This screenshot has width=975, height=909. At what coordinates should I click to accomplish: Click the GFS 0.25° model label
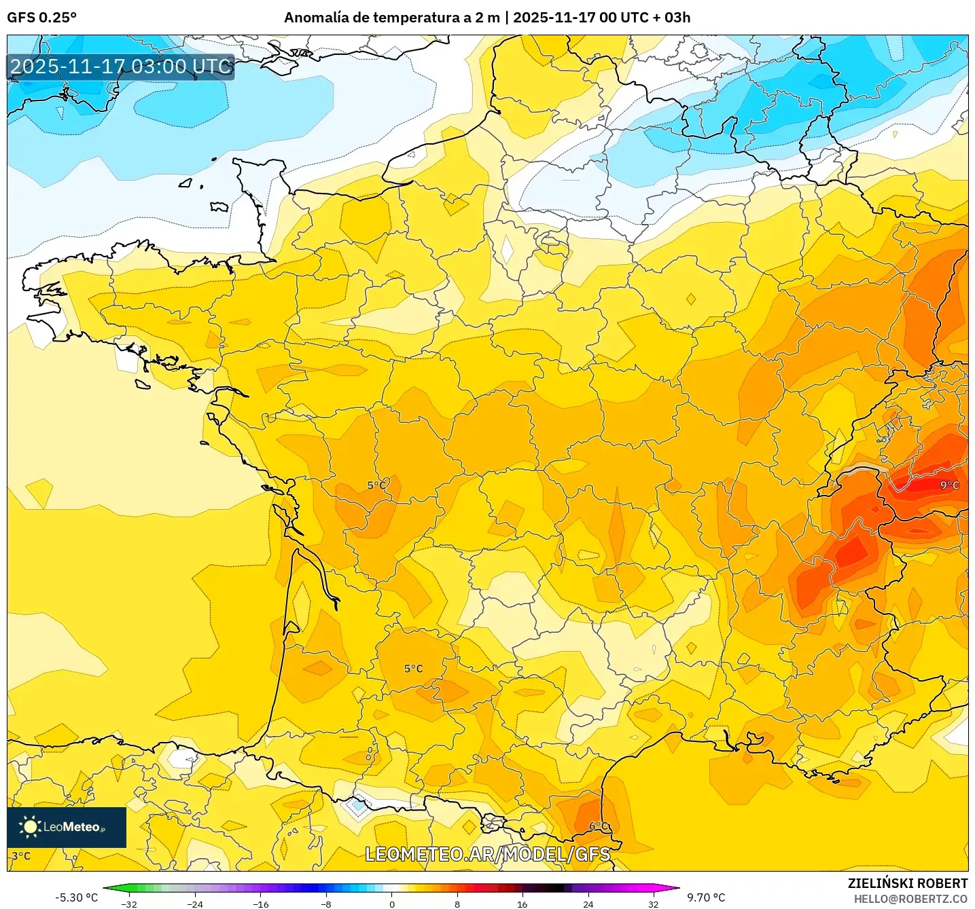click(x=41, y=18)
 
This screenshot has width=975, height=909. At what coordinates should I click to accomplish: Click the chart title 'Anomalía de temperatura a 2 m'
click(x=391, y=18)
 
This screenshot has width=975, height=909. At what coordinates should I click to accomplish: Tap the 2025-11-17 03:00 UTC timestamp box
click(x=121, y=67)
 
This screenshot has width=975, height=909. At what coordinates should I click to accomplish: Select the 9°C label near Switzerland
click(x=949, y=485)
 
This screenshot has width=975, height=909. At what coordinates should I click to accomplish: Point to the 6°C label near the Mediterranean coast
click(x=599, y=825)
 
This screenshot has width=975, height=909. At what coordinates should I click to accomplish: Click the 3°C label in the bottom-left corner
click(x=21, y=855)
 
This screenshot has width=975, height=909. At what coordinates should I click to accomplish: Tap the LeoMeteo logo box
click(x=67, y=827)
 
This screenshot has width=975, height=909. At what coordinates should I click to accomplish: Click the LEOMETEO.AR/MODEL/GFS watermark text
click(x=487, y=854)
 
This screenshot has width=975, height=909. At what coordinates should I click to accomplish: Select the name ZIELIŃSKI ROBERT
click(x=907, y=883)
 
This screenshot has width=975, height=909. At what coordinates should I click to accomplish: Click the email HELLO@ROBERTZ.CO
click(x=910, y=899)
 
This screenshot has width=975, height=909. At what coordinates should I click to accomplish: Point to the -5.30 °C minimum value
click(x=76, y=897)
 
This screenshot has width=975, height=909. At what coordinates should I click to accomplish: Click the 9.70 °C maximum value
click(x=706, y=897)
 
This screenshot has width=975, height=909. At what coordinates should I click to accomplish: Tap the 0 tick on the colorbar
click(x=391, y=904)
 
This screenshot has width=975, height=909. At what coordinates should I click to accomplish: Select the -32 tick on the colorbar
click(x=129, y=904)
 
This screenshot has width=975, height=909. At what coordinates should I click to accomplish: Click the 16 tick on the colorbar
click(x=522, y=904)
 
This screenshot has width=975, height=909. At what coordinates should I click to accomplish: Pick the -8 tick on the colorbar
click(x=326, y=904)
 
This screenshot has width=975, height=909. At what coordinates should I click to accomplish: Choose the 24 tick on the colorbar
click(x=588, y=904)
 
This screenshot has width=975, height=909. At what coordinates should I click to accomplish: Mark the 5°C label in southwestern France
click(x=413, y=668)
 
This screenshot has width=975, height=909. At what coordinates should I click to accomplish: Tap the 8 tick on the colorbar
click(x=457, y=904)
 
